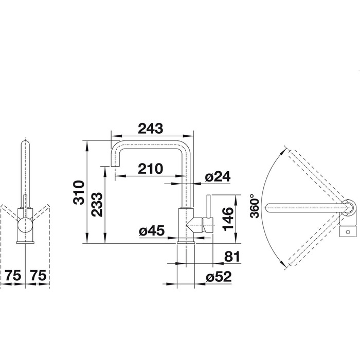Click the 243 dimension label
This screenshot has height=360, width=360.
150,129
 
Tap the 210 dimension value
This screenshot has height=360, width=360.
150,169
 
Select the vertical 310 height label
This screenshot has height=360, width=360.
79,192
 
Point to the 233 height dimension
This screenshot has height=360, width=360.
97,204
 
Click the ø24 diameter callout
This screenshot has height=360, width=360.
218,177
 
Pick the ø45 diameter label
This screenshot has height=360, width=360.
152,230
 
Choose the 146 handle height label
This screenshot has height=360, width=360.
228,219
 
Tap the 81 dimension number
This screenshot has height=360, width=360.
232,257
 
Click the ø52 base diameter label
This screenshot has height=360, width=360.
219,277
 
